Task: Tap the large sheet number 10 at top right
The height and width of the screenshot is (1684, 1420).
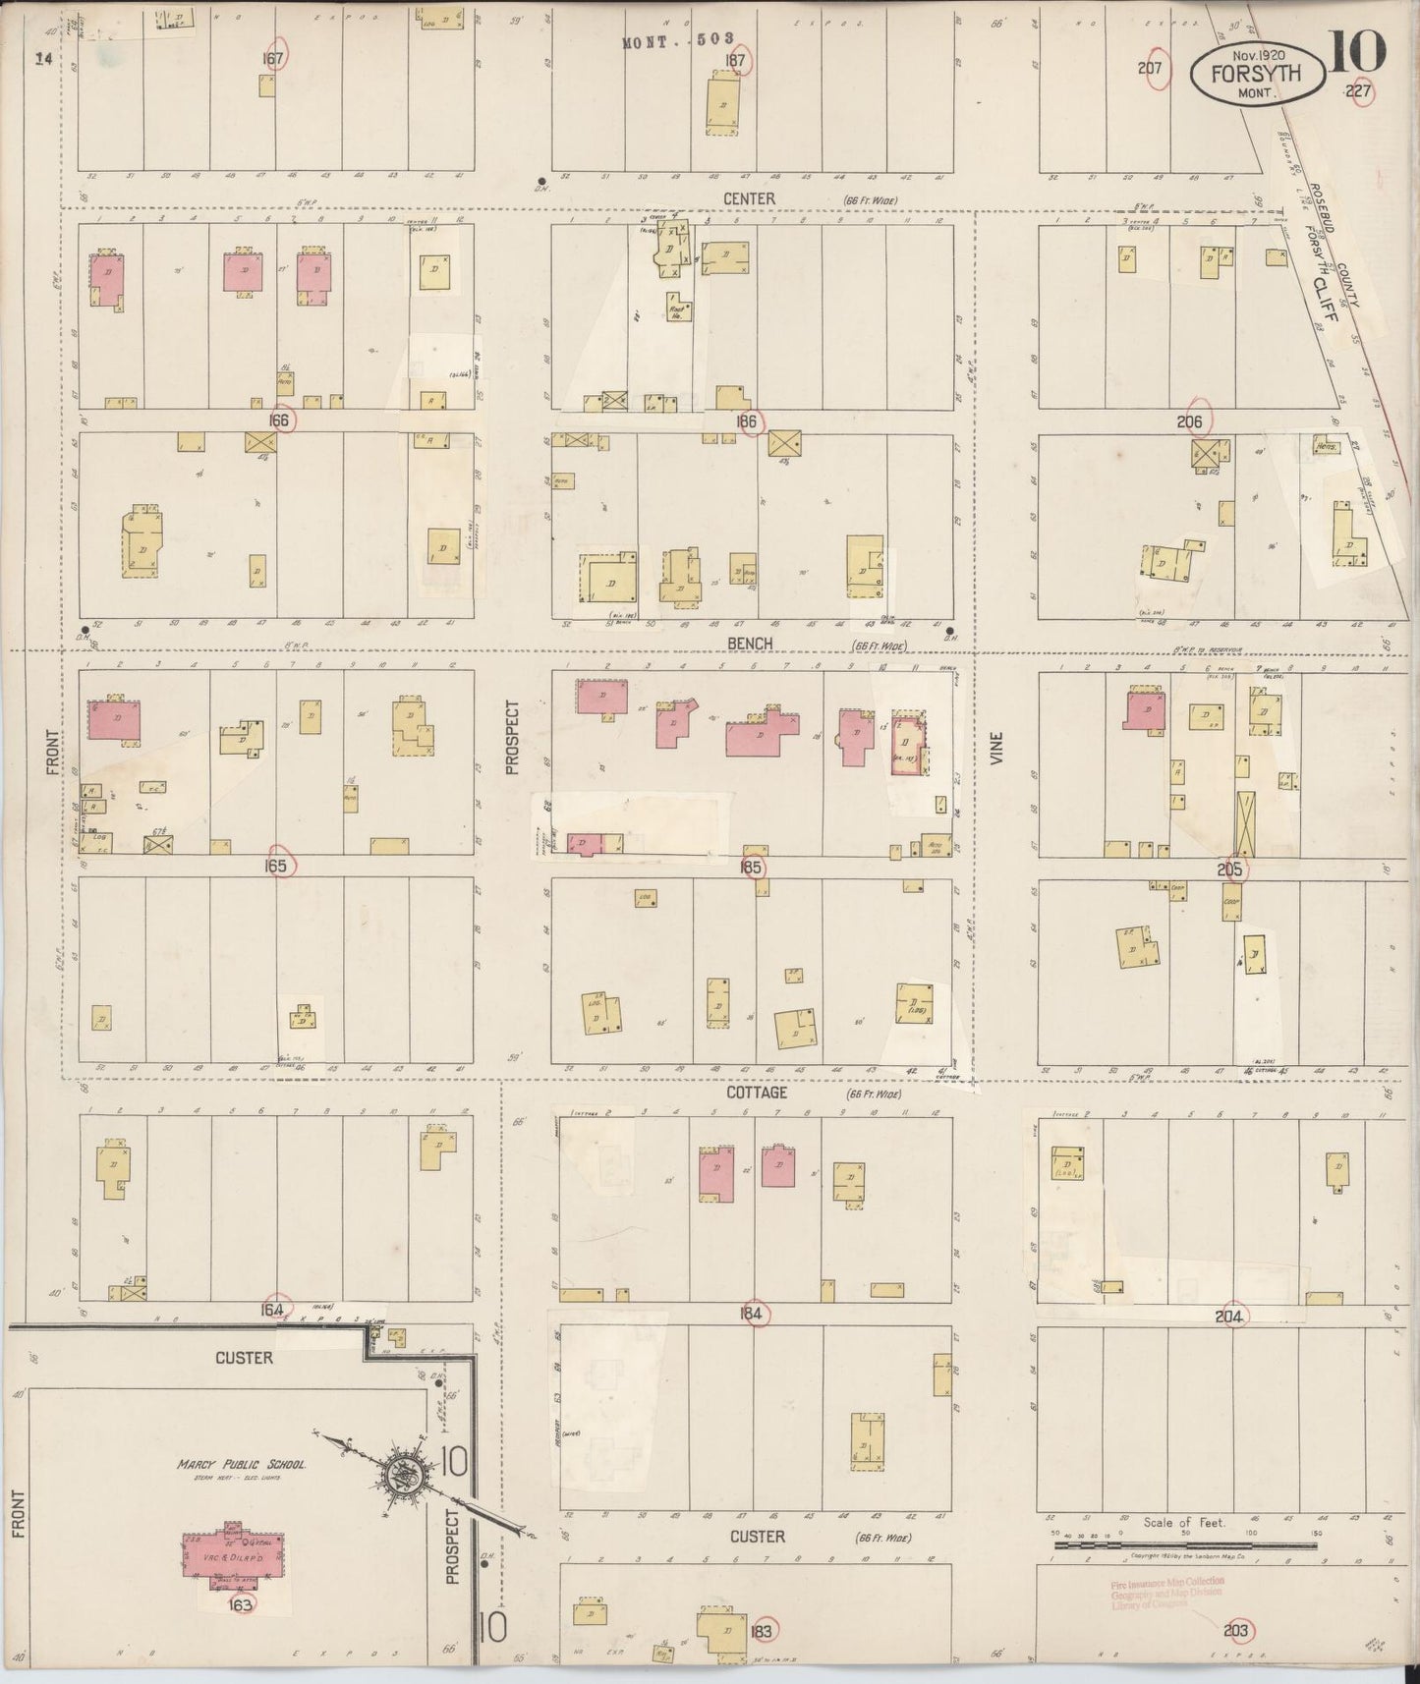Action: (x=1358, y=51)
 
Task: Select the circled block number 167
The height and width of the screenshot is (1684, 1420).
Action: (x=273, y=58)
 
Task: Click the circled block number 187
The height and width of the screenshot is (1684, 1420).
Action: (x=735, y=59)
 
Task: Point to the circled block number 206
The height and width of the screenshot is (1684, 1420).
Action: (x=1198, y=421)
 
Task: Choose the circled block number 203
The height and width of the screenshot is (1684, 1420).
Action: (x=1236, y=1631)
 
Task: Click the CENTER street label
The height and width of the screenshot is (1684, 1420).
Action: (x=749, y=198)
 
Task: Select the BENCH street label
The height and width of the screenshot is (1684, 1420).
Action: (x=750, y=644)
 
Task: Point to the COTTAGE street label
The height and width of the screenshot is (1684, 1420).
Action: (x=757, y=1092)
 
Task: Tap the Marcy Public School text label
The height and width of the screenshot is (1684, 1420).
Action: (x=242, y=1464)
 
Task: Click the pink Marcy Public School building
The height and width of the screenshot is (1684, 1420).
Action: (x=235, y=1559)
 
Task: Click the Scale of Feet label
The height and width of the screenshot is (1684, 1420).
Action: (x=1184, y=1522)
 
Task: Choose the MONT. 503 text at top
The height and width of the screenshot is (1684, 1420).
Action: (x=679, y=40)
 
